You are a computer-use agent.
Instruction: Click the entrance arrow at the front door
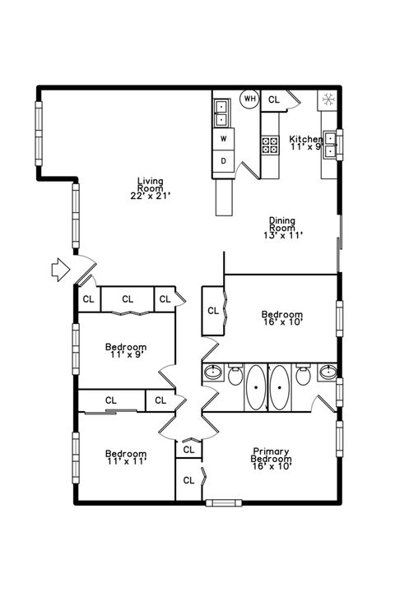(x=60, y=270)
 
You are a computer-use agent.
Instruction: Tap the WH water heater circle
(x=249, y=99)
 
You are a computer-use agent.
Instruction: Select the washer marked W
(x=223, y=138)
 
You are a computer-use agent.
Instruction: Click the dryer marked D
(x=223, y=161)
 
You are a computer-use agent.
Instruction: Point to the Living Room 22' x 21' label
(x=150, y=188)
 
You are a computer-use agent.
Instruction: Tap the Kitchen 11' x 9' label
(x=304, y=143)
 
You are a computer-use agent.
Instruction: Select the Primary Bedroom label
(x=272, y=456)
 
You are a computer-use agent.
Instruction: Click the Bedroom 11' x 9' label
(x=126, y=352)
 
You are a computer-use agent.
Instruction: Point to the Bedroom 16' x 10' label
(x=282, y=318)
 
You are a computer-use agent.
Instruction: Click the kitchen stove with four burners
(x=270, y=145)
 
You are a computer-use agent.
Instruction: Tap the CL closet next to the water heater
(x=274, y=99)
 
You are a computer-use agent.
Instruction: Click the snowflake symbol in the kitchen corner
(x=328, y=99)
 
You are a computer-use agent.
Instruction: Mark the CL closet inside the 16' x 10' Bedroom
(x=213, y=311)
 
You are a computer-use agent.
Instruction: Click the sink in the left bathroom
(x=212, y=373)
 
